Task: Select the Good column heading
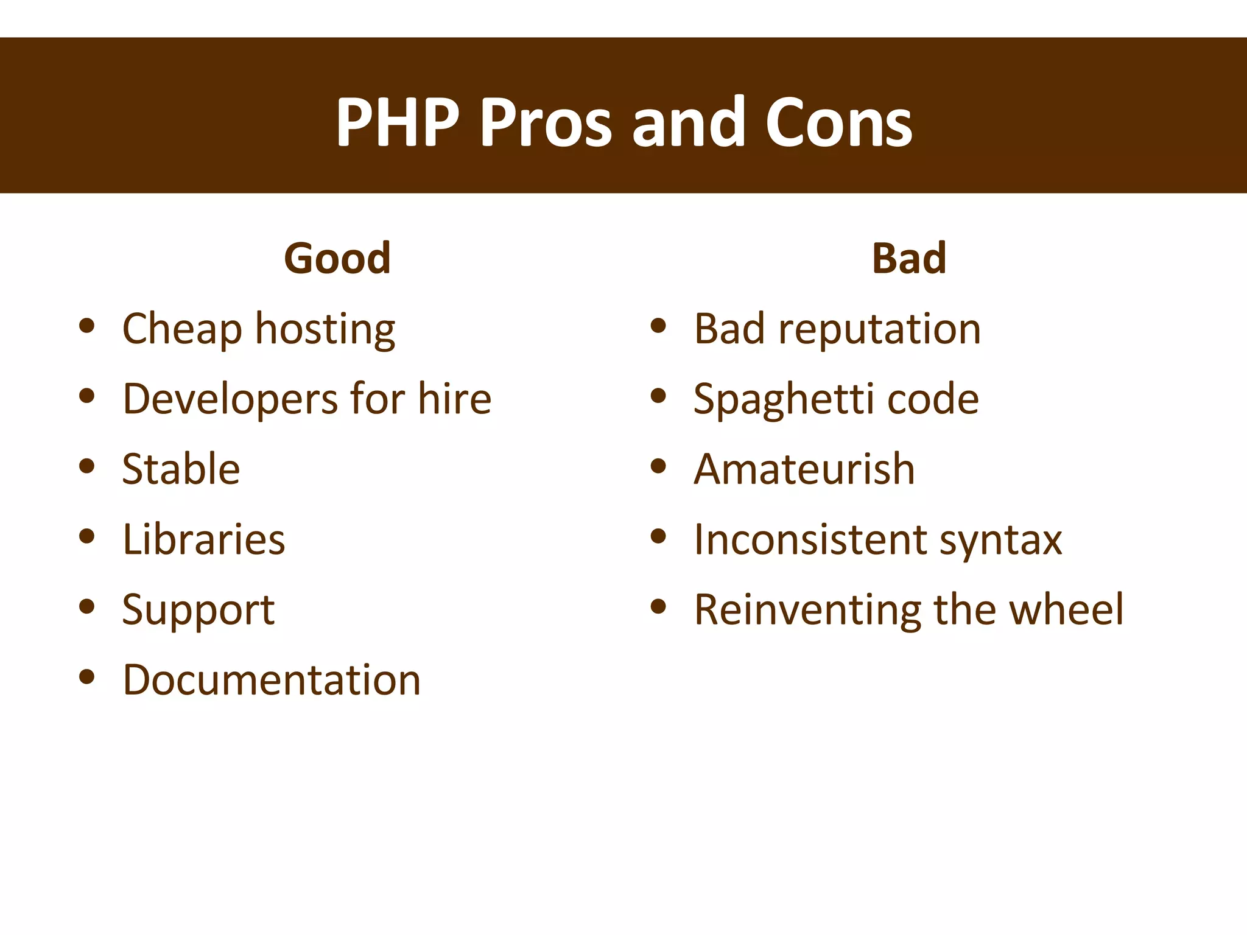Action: [337, 258]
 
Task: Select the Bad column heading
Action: [909, 258]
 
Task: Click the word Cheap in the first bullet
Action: [182, 329]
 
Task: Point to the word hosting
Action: [325, 329]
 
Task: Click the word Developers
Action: [230, 399]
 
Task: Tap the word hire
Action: [454, 399]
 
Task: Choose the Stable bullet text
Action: [181, 469]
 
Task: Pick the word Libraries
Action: [203, 539]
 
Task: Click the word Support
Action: [198, 610]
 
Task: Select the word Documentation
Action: [272, 680]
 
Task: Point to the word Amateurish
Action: [804, 469]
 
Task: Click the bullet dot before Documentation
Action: [87, 676]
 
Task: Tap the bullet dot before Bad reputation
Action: [658, 326]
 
